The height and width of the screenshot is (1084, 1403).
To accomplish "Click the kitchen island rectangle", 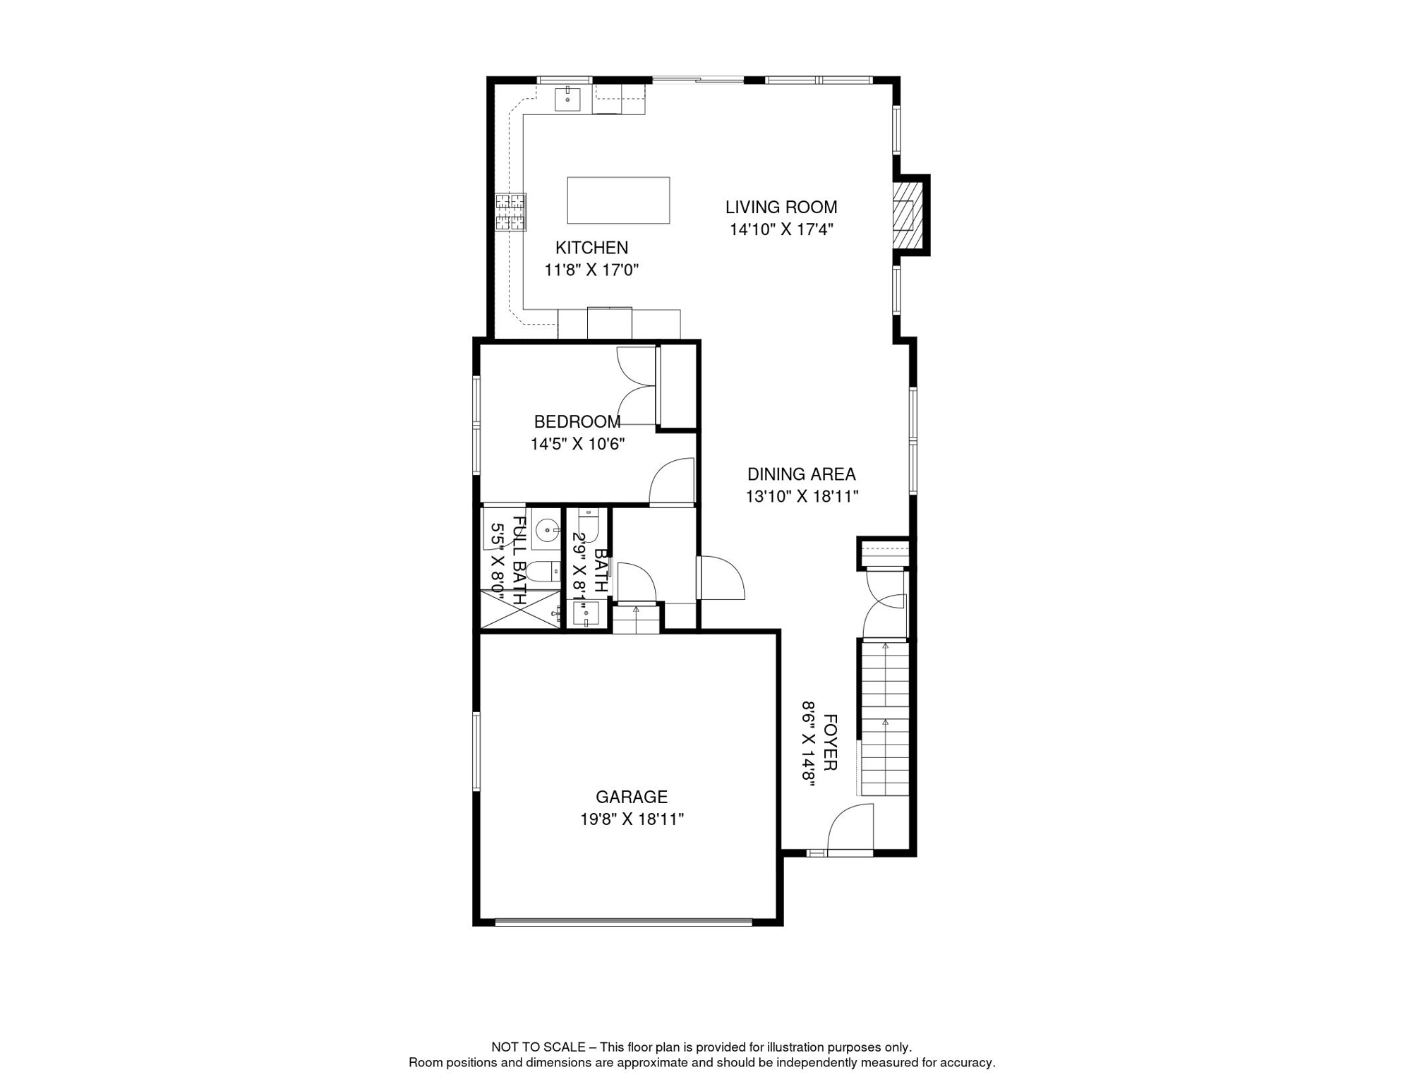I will [618, 200].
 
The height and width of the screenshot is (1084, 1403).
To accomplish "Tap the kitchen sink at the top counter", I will [567, 100].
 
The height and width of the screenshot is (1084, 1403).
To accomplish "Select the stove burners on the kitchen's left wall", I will [510, 212].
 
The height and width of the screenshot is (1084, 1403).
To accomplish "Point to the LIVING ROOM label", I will [781, 207].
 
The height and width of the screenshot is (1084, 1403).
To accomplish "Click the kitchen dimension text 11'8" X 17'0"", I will [591, 270].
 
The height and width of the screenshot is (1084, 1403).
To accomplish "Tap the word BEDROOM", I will [577, 422].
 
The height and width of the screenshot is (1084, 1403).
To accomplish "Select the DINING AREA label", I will [801, 474].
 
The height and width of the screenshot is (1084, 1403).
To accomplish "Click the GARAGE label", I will [632, 797].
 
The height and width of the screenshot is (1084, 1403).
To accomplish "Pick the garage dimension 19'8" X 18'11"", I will [632, 819].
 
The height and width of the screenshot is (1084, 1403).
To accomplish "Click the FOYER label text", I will [830, 742].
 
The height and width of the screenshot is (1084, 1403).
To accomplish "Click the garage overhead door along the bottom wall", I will [624, 921].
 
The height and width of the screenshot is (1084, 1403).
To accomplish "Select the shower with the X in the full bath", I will [519, 610].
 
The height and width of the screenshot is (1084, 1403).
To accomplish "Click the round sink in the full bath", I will [546, 529].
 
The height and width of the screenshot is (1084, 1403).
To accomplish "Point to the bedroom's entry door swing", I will [673, 483].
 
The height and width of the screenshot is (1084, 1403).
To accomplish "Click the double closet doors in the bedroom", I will [637, 386].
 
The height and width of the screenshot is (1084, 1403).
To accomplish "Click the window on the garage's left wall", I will [476, 751].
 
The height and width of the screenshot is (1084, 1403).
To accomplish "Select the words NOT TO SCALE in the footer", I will [538, 1047].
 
